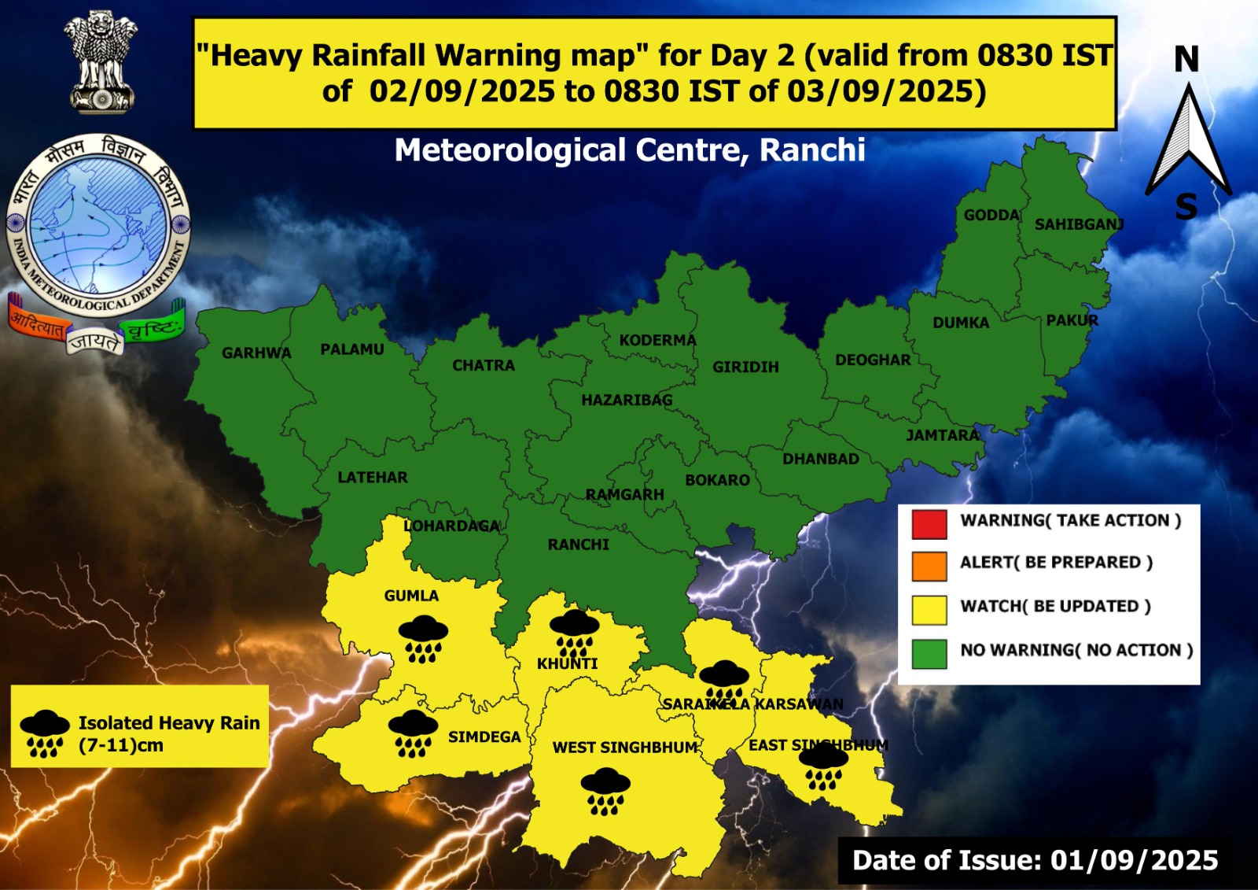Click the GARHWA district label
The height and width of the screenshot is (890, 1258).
(256, 353)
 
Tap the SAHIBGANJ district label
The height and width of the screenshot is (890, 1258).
(1079, 224)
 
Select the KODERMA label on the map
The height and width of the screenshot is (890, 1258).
(657, 340)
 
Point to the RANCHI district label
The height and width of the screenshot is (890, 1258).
(579, 545)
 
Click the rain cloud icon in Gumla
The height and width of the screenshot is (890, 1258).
(423, 638)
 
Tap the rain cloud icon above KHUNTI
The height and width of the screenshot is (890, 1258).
(574, 633)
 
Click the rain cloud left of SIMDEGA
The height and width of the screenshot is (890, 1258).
(413, 733)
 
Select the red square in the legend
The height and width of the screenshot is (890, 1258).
(929, 524)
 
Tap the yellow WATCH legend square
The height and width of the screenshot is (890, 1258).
(929, 610)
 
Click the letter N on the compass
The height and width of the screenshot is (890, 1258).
(1186, 60)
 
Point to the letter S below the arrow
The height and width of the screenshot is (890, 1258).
(1186, 208)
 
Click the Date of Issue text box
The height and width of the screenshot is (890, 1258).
(1035, 860)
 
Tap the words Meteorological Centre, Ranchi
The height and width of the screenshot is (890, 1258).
(630, 150)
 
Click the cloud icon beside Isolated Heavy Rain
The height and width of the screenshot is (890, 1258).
(44, 733)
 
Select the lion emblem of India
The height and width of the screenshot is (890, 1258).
(101, 61)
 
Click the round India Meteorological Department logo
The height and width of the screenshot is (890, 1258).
(98, 224)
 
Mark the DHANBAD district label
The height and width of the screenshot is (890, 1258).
(820, 459)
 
